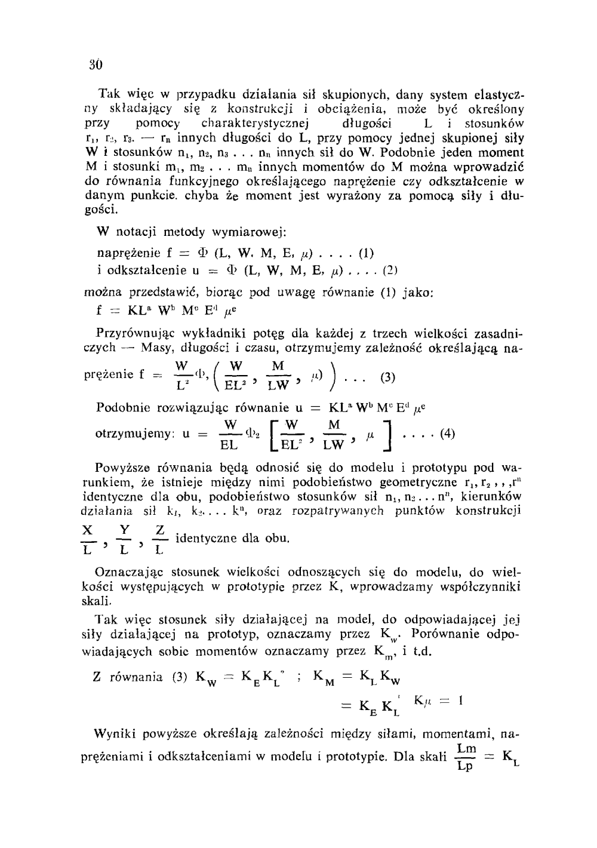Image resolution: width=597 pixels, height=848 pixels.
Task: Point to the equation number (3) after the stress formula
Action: (x=387, y=377)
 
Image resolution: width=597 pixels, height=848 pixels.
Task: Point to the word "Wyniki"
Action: (x=113, y=733)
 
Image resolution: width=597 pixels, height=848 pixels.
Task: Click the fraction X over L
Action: (x=88, y=539)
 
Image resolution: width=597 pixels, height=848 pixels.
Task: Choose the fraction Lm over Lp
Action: (x=466, y=757)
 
